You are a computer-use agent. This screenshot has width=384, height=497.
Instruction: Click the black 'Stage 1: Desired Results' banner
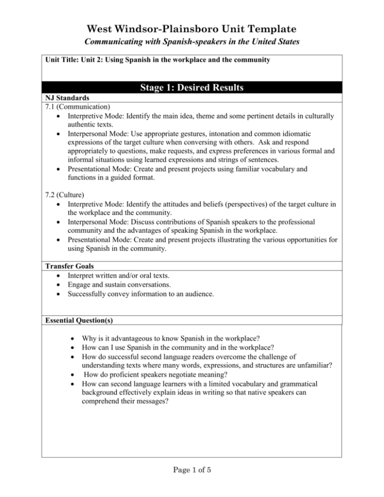(x=191, y=90)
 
